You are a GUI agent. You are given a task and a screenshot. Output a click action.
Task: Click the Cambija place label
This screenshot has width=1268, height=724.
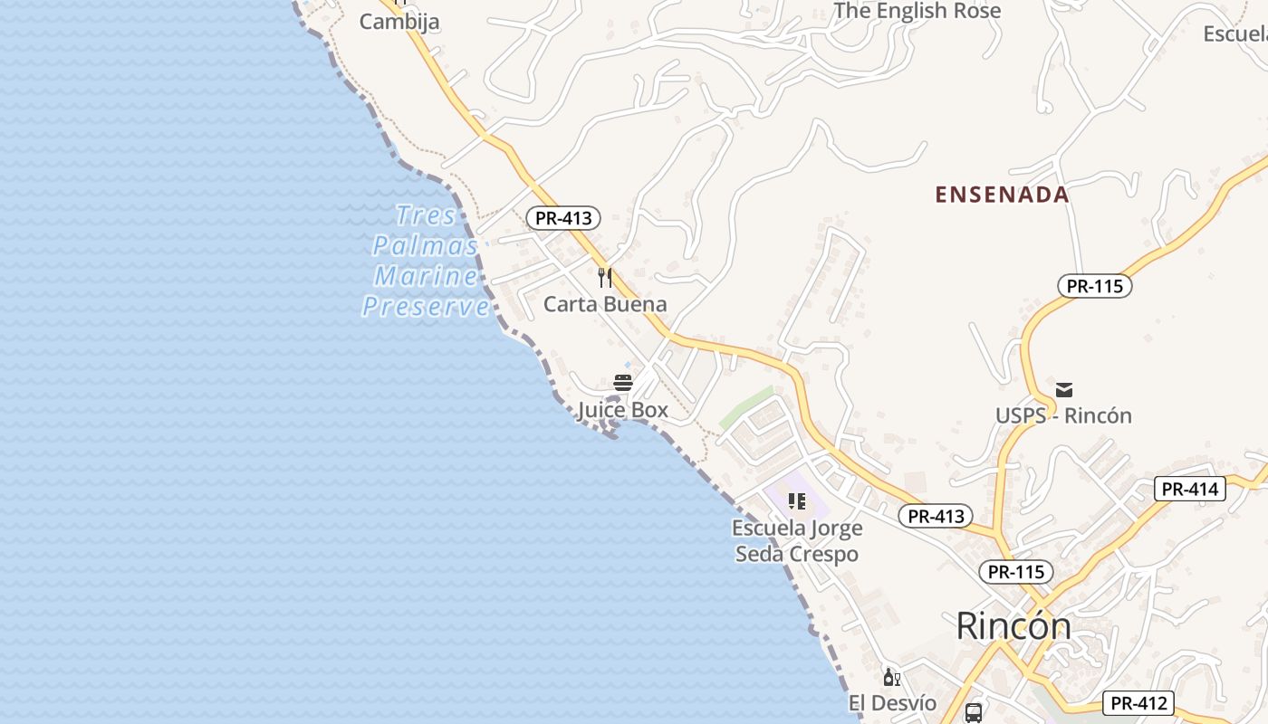click(399, 22)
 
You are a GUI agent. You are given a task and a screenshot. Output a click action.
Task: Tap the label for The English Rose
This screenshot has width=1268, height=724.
click(917, 11)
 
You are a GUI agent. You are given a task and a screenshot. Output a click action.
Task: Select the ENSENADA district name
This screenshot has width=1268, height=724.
click(1002, 195)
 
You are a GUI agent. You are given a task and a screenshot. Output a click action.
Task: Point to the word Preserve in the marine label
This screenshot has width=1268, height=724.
click(426, 307)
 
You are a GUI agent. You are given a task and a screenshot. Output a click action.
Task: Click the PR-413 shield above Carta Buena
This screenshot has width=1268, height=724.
click(563, 218)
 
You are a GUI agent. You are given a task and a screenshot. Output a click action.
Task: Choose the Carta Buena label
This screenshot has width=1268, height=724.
click(605, 304)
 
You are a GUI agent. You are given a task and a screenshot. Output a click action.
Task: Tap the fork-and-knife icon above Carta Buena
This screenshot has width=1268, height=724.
click(605, 277)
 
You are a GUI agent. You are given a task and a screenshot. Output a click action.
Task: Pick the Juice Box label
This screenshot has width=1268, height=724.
click(623, 410)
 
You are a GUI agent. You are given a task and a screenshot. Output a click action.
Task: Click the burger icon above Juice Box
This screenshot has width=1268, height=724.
click(623, 383)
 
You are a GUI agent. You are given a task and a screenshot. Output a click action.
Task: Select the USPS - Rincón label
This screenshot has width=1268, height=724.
click(1063, 416)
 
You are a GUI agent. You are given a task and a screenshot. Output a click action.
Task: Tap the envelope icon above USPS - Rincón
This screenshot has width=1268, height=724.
click(1064, 390)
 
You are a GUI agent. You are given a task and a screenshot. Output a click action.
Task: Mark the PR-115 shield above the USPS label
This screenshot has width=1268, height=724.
click(1094, 287)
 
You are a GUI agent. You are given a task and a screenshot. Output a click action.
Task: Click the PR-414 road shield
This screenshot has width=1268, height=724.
click(1190, 490)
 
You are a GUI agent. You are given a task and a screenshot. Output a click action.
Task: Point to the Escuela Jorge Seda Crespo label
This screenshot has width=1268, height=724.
click(797, 540)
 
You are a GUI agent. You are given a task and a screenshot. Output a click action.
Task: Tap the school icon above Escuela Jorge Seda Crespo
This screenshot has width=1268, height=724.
click(797, 500)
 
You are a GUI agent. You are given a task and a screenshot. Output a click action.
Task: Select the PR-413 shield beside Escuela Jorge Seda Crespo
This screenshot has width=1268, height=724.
click(936, 517)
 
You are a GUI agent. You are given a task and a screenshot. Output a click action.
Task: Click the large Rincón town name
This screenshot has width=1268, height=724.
click(1013, 626)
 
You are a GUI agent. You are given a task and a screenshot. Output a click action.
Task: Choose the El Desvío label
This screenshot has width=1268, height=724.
click(892, 703)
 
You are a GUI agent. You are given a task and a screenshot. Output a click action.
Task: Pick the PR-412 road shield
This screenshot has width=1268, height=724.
click(1138, 703)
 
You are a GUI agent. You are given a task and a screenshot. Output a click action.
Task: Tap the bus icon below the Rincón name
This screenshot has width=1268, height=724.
click(974, 713)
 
